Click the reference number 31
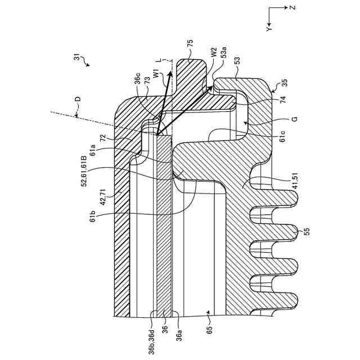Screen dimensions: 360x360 coord(78,57)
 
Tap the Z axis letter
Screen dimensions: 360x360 coord(293,8)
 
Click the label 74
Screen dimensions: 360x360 coord(283,100)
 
